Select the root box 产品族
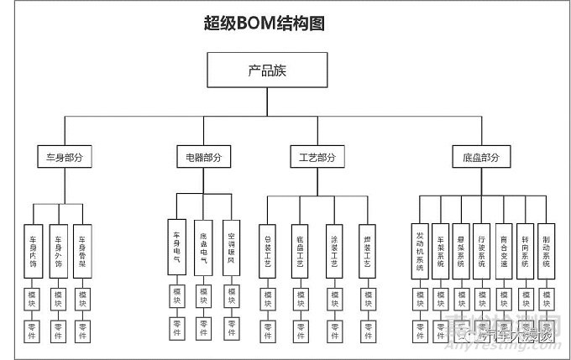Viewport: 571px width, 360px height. pyautogui.click(x=267, y=70)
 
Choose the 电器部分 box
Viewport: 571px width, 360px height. pyautogui.click(x=204, y=157)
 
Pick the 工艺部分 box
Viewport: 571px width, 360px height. pyautogui.click(x=317, y=157)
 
